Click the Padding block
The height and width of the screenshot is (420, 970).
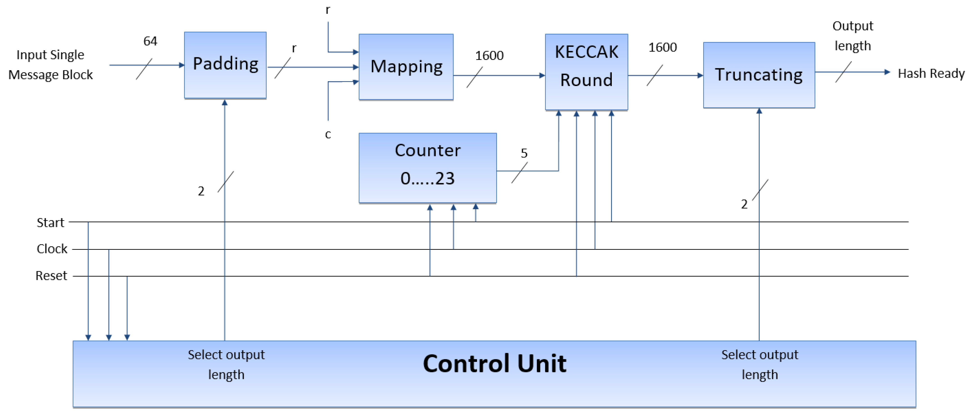225,65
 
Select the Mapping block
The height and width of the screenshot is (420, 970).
406,67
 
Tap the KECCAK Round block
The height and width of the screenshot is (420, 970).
586,72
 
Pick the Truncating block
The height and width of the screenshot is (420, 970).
759,75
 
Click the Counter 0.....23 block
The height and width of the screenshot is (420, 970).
427,168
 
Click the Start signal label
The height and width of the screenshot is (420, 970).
50,223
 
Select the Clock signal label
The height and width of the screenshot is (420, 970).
52,249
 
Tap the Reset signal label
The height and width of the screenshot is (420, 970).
51,276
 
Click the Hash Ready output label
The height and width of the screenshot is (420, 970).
931,73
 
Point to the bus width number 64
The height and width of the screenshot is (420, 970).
150,41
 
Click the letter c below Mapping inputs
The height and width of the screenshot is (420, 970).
328,134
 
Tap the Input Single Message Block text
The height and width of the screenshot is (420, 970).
50,65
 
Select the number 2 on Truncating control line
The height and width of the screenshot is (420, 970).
744,204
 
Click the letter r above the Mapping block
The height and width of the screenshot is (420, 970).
328,10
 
